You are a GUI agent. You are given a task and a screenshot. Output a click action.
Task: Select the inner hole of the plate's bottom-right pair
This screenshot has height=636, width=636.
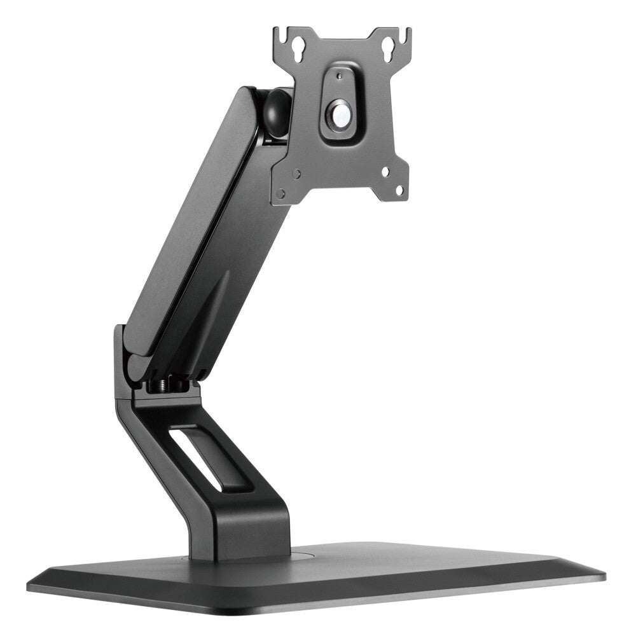click(386, 171)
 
